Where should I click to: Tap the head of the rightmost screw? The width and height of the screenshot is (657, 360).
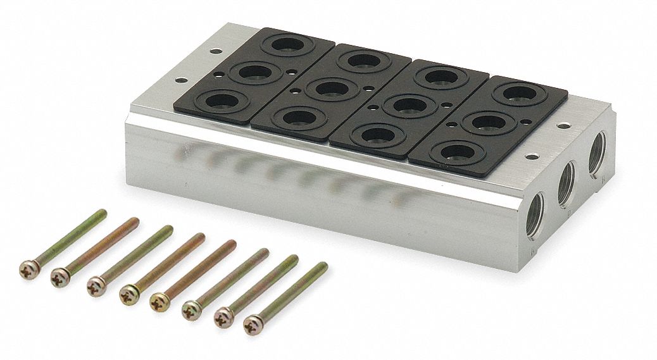(x=253, y=324)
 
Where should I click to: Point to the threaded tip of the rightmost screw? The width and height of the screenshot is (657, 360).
(x=323, y=266)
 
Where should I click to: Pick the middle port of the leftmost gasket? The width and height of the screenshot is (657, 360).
(x=255, y=72)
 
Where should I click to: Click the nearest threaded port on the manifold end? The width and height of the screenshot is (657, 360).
(x=535, y=215)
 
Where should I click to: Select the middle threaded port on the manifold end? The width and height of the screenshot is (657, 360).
(x=566, y=183)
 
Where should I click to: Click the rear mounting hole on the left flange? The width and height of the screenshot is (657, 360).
(x=216, y=51)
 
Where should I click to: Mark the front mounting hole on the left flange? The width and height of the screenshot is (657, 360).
(x=181, y=80)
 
